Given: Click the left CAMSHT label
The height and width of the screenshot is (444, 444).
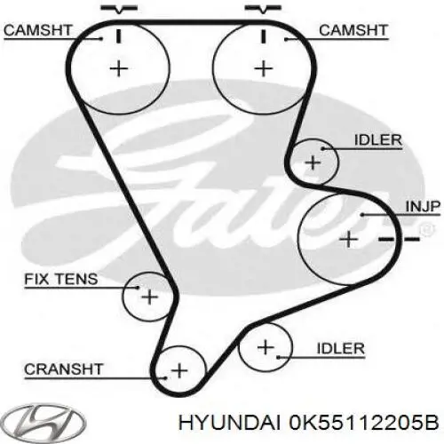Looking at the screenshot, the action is [x=38, y=30].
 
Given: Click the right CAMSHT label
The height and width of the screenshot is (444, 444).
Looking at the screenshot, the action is [x=353, y=30].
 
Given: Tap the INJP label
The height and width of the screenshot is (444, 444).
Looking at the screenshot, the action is [x=423, y=206].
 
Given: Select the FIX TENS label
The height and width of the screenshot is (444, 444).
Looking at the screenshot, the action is [x=61, y=279].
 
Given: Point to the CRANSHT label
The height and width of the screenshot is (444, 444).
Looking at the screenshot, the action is [x=64, y=369].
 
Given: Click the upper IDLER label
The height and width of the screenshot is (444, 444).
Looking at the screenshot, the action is [x=378, y=140].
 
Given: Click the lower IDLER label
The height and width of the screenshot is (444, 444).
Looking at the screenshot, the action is [x=341, y=348].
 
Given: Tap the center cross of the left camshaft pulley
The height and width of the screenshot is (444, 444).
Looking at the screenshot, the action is [x=119, y=69].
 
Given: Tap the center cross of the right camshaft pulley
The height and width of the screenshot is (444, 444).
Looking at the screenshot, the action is [x=264, y=69].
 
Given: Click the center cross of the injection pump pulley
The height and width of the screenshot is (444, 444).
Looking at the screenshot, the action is [x=349, y=239].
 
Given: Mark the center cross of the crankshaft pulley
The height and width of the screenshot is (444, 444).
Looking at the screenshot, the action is [x=179, y=370].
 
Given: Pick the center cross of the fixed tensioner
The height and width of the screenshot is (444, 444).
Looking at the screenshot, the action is [x=150, y=297].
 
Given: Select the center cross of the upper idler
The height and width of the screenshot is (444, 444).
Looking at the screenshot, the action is [x=313, y=163].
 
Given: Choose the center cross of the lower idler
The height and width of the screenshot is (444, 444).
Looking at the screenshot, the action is [x=266, y=347].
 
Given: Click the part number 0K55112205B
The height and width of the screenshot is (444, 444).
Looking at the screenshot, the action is [x=364, y=424].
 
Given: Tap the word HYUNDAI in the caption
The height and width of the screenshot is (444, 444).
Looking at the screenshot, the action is [x=229, y=424].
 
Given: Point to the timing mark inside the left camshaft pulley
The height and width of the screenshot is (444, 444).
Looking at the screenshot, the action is [x=119, y=36].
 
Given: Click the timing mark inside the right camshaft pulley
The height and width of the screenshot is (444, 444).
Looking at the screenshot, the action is [x=263, y=36].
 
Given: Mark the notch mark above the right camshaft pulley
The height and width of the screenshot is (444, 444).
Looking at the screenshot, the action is [x=263, y=9].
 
